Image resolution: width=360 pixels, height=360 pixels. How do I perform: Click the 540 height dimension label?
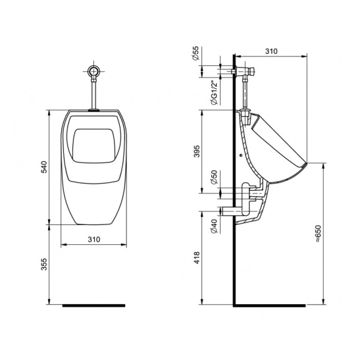[44, 167]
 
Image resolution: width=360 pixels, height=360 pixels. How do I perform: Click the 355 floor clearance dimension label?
[44, 264]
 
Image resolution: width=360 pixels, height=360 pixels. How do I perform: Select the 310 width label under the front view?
[94, 240]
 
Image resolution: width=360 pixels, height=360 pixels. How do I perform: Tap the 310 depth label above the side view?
[271, 51]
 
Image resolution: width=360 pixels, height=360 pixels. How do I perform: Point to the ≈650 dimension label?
[318, 233]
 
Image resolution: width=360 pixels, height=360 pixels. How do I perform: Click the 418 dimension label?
[197, 257]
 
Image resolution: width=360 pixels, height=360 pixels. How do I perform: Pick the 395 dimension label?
[197, 151]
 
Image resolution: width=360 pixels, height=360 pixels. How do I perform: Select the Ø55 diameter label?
[195, 53]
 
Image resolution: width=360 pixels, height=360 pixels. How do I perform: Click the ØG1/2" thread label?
[214, 93]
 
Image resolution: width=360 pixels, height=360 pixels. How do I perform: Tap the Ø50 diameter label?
[214, 178]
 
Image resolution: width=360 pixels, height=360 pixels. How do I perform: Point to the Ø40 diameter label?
[214, 226]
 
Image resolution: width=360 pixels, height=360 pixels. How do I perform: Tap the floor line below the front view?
[93, 305]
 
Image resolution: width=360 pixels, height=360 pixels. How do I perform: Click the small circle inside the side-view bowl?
[241, 155]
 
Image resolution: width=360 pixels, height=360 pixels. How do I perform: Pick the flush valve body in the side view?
[245, 71]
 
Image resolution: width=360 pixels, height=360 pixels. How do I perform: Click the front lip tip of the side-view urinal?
[306, 163]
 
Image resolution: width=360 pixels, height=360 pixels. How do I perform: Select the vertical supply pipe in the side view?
[245, 92]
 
